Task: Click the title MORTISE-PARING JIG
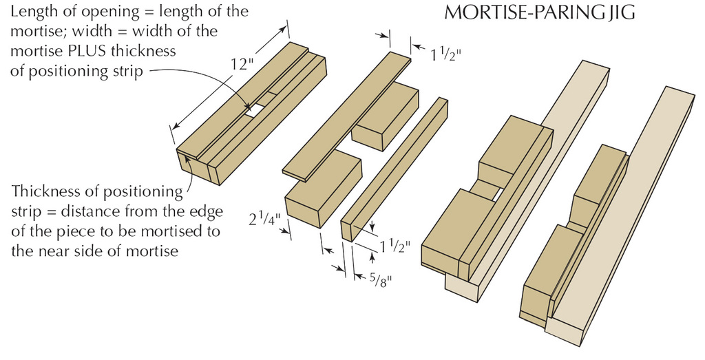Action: [539, 12]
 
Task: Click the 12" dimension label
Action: [242, 64]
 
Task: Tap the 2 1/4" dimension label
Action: [265, 220]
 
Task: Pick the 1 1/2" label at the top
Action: [446, 54]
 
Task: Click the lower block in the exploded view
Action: [324, 189]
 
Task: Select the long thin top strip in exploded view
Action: [347, 116]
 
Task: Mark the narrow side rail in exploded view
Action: [394, 170]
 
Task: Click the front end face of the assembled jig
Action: [198, 167]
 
